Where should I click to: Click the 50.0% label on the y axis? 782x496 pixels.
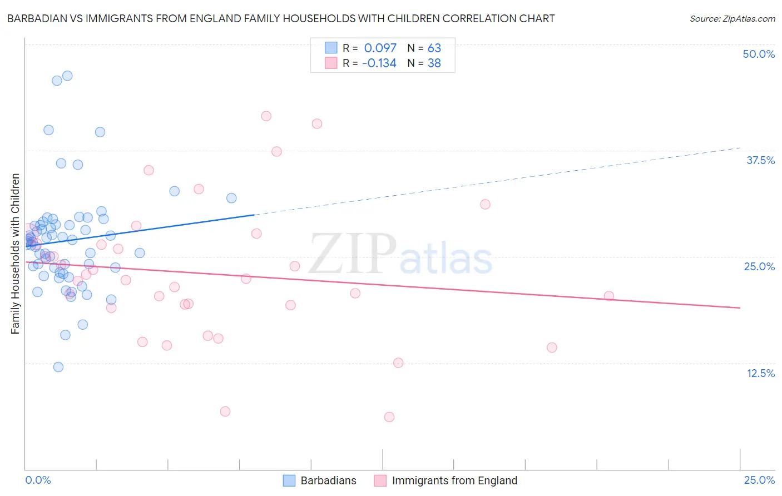pos(759,54)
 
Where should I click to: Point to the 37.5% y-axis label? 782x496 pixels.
pos(760,160)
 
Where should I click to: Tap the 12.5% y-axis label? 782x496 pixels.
pos(760,373)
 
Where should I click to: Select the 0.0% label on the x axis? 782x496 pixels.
pos(38,480)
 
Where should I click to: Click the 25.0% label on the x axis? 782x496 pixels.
pos(759,480)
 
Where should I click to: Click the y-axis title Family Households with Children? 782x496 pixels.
pos(15,254)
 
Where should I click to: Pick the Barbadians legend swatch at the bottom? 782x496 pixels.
pos(289,480)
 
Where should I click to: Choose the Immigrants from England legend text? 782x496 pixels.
pos(454,480)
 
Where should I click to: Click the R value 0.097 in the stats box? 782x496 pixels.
pos(380,48)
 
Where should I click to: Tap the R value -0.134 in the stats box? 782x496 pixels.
pos(379,63)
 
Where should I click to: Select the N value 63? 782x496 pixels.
pos(434,48)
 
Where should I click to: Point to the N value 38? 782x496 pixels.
pos(434,63)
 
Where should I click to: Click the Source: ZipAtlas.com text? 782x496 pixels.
pos(732,18)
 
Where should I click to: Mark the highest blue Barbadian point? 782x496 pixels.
pos(67,76)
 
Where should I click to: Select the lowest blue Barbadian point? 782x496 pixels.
pos(58,367)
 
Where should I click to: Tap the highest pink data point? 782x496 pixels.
pos(266,116)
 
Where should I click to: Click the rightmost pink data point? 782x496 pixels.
pos(609,296)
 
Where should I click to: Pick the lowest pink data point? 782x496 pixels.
pos(389,417)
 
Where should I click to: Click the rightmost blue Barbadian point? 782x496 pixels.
pos(231,198)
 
